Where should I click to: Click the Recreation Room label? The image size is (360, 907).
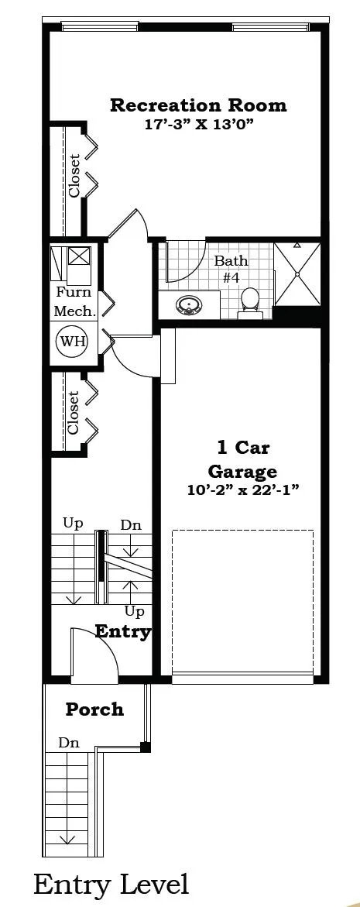[198, 105]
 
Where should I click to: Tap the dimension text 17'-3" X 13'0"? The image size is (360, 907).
[200, 124]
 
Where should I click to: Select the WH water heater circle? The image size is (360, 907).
[72, 342]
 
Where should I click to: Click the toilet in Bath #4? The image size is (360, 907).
[250, 303]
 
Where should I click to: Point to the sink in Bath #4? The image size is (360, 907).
[188, 305]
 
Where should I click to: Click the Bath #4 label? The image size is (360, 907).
[231, 269]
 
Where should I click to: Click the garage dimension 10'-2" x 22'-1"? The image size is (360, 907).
[243, 490]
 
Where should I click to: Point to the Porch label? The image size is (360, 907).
[94, 709]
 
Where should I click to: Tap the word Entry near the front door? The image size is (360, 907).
[122, 631]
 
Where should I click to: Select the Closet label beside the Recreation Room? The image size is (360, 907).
[74, 175]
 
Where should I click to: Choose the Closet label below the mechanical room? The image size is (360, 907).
[73, 412]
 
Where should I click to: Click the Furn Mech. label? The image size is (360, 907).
[74, 301]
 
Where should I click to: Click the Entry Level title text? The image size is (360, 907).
[111, 885]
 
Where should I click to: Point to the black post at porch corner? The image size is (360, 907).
[146, 747]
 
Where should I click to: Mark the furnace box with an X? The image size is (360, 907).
[80, 255]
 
